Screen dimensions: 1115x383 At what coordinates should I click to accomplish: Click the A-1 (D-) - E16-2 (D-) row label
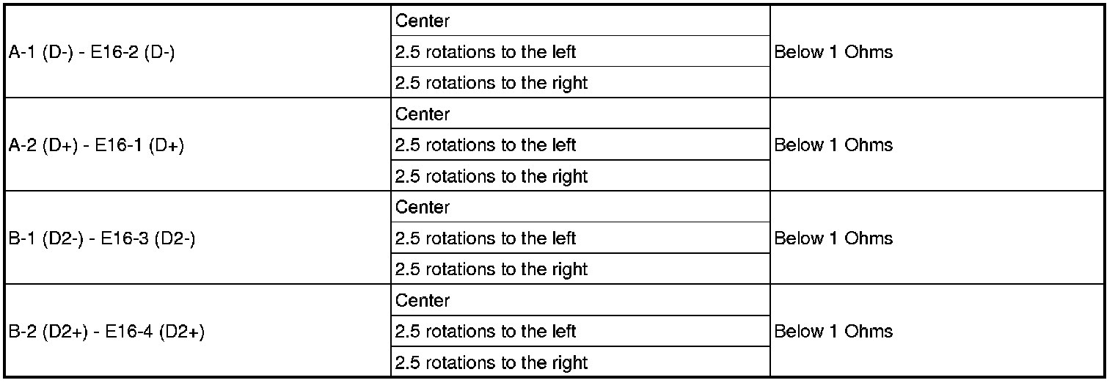pos(92,52)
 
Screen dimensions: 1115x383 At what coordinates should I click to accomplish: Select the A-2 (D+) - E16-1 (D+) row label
pos(96,145)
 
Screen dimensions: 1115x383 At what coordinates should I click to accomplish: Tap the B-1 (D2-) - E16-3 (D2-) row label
pos(102,238)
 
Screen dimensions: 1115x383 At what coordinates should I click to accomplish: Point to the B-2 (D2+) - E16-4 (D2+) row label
pos(106,332)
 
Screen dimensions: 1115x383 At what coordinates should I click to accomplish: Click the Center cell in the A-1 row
pos(423,21)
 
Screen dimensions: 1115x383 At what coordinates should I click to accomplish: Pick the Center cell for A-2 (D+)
pos(423,114)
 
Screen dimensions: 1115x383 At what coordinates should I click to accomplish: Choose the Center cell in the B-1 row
pos(423,208)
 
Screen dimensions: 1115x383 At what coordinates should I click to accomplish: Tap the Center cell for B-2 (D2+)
pos(423,301)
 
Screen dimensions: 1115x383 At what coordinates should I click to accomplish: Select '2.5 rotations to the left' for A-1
pos(486,52)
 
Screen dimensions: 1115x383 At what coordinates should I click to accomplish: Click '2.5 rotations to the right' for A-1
pos(491,83)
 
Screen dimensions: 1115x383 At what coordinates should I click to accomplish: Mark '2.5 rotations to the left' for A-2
pos(486,145)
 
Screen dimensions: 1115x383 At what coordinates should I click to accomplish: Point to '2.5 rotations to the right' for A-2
pos(491,176)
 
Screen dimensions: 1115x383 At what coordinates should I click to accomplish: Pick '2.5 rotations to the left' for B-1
pos(486,238)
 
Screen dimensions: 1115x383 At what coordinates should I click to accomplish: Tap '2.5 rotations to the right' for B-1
pos(491,269)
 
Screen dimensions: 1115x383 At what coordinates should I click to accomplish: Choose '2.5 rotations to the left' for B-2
pos(486,332)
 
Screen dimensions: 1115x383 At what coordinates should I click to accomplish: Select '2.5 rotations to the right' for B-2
pos(491,362)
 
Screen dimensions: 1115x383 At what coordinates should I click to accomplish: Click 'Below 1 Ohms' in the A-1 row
pos(833,52)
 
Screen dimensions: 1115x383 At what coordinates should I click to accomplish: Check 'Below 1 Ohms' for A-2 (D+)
pos(833,145)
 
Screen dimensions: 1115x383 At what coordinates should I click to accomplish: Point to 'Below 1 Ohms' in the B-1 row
pos(833,238)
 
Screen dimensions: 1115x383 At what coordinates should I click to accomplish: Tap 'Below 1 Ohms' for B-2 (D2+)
pos(833,332)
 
